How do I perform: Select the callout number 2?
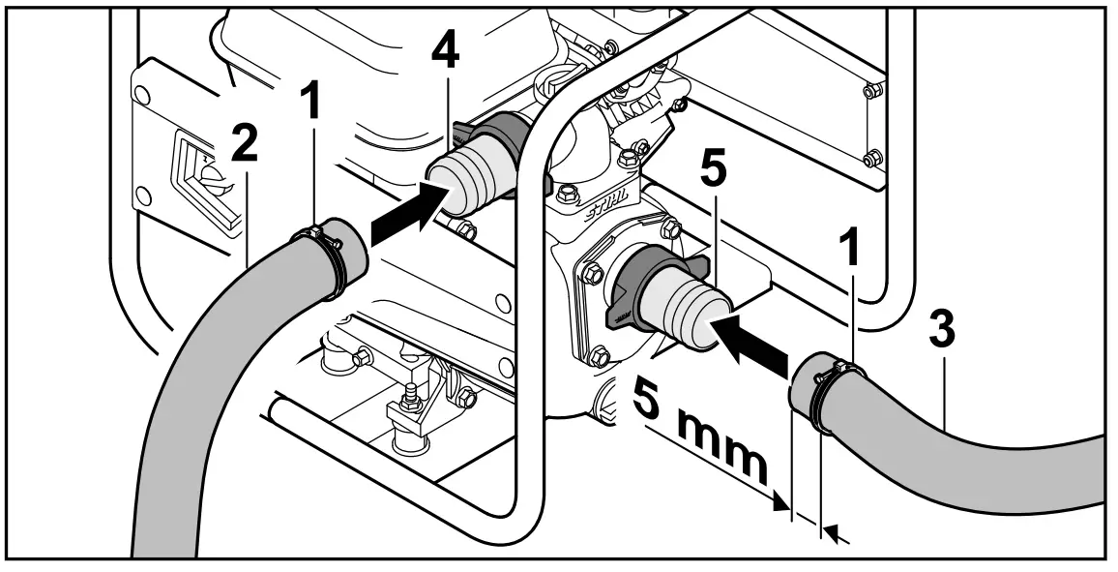coord(244,142)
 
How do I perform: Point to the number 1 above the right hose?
coord(850,255)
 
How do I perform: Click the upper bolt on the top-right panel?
coord(869,92)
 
